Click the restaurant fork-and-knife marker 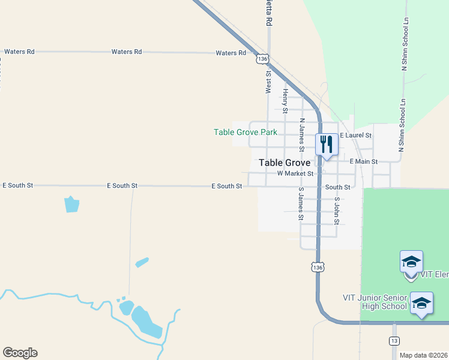click(x=327, y=144)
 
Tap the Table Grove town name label click(x=285, y=163)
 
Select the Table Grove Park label click(x=246, y=132)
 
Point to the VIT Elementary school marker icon click(x=411, y=262)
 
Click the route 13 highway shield click(x=394, y=341)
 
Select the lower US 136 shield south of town click(x=318, y=266)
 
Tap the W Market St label click(x=295, y=173)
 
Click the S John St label click(x=337, y=211)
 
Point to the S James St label click(x=301, y=203)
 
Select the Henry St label click(x=286, y=101)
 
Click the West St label click(x=268, y=82)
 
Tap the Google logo click(x=20, y=353)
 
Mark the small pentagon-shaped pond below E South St click(x=71, y=204)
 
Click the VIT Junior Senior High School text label click(x=375, y=301)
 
